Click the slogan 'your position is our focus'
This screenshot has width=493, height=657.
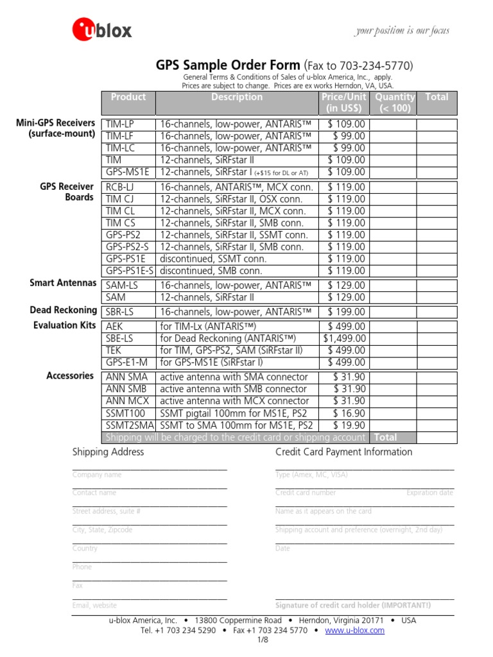pyautogui.click(x=402, y=31)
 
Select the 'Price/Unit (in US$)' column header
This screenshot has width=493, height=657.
pyautogui.click(x=344, y=103)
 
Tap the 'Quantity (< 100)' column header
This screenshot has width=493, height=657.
pyautogui.click(x=394, y=103)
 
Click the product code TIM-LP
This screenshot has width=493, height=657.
pyautogui.click(x=121, y=124)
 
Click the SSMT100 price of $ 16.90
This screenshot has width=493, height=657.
pyautogui.click(x=349, y=413)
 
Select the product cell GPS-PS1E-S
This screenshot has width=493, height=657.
pyautogui.click(x=130, y=271)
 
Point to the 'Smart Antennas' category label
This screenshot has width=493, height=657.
pyautogui.click(x=63, y=283)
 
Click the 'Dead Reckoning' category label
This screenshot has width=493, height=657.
pyautogui.click(x=63, y=311)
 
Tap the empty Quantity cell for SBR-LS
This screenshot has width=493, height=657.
pyautogui.click(x=394, y=312)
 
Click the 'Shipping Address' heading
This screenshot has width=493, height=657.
pyautogui.click(x=108, y=452)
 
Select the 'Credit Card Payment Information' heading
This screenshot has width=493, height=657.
pyautogui.click(x=343, y=452)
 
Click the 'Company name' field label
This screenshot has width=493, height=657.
pyautogui.click(x=97, y=475)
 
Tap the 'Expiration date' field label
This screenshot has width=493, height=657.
pyautogui.click(x=429, y=493)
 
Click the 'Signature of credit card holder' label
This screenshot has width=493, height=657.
pyautogui.click(x=353, y=606)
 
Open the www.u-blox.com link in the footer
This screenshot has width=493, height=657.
pyautogui.click(x=355, y=631)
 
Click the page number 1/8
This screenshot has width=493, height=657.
pyautogui.click(x=262, y=641)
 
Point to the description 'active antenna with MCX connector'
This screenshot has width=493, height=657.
pyautogui.click(x=234, y=401)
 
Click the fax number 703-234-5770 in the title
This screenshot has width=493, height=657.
pyautogui.click(x=380, y=67)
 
